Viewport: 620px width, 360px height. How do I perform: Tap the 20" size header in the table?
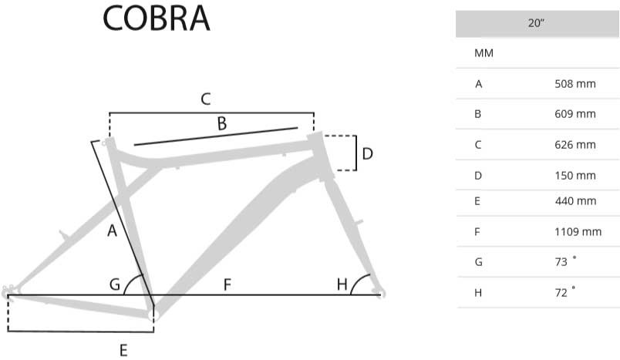coord(537,23)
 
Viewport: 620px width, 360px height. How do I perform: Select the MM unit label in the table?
coord(484,53)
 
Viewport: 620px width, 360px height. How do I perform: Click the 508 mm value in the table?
coord(575,83)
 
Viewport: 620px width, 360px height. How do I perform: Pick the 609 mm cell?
coord(575,114)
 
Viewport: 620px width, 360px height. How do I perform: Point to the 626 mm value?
coord(575,144)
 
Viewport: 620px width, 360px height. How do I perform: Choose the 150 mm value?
coord(575,175)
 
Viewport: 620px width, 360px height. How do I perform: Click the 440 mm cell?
coord(575,201)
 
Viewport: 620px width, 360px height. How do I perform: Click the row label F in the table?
coord(479,231)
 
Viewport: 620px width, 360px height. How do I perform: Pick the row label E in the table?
coord(479,201)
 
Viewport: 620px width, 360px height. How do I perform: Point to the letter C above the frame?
coord(206,99)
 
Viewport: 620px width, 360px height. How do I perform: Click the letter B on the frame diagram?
coord(221,123)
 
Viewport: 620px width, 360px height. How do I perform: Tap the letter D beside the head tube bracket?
coord(368,153)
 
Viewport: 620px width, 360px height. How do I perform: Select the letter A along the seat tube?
coord(112,230)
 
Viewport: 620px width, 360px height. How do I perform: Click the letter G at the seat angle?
coord(115,284)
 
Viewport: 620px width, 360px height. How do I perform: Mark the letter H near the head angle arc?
coord(342,284)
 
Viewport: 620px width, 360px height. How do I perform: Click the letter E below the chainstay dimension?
coord(123,351)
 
